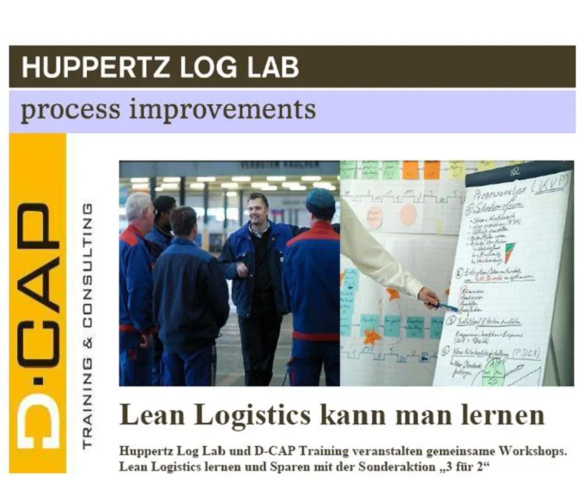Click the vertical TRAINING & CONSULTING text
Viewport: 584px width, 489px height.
click(86, 326)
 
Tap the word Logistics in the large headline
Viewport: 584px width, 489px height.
click(252, 415)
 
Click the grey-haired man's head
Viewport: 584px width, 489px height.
click(139, 207)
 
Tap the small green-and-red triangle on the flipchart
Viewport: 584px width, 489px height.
click(509, 252)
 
